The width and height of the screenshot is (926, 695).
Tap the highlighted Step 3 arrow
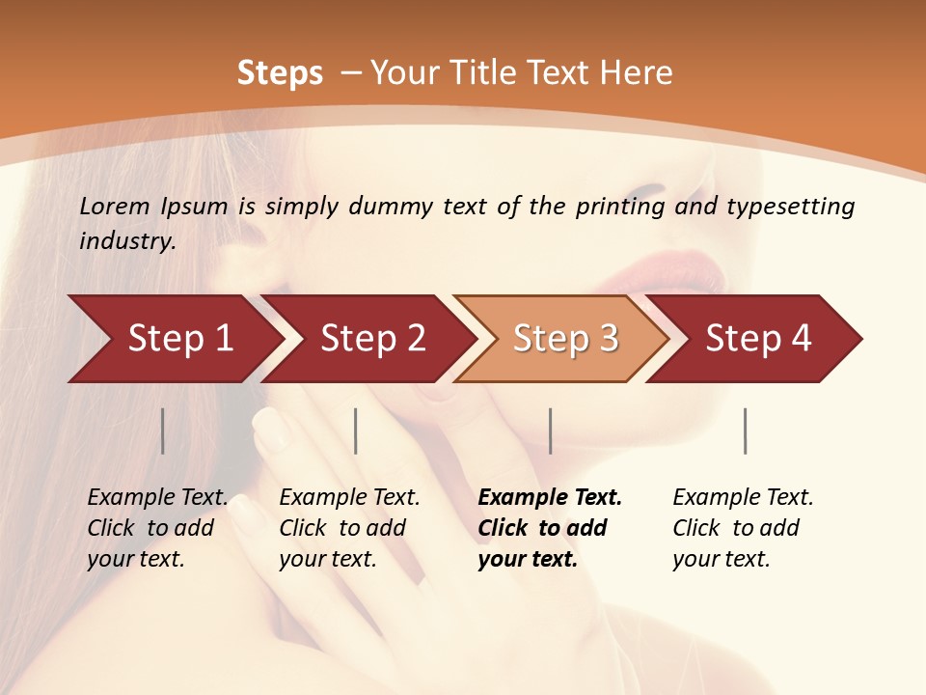564,339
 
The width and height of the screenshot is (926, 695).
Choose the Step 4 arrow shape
757,339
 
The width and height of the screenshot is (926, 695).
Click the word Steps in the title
280,73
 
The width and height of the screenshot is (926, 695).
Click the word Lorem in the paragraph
115,207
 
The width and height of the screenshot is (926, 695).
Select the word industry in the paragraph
127,241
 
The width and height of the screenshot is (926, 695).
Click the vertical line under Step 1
163,431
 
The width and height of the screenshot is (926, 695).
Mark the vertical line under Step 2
356,431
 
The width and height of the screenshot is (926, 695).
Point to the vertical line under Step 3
550,431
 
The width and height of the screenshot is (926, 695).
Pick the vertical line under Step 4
745,431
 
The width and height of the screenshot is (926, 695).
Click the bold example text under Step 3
550,528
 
